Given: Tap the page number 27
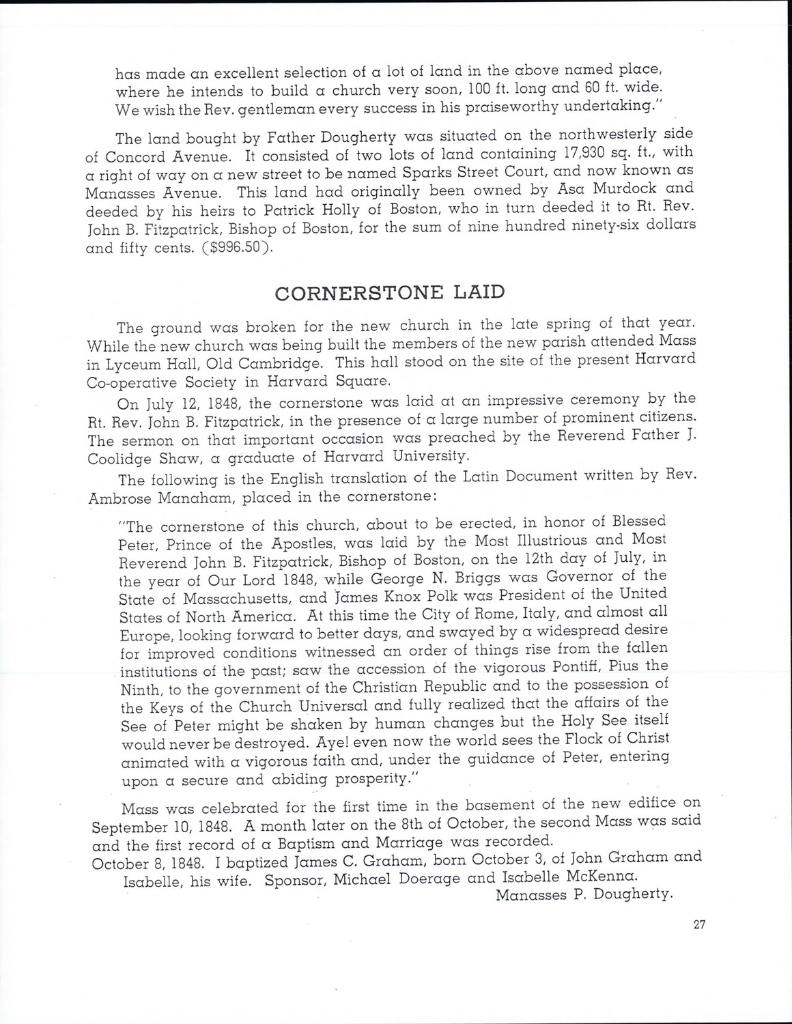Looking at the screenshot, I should [696, 925].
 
